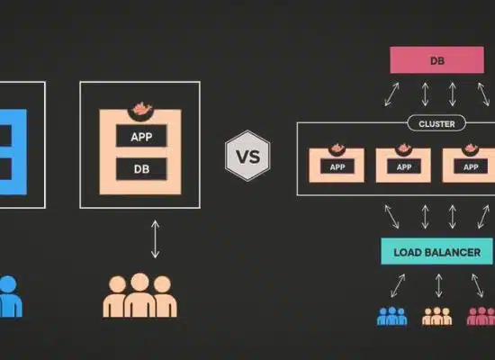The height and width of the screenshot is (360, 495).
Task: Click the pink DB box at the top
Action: pos(436,60)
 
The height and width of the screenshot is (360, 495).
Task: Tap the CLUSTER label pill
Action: pos(436,123)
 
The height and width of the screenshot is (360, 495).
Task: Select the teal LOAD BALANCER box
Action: pos(436,251)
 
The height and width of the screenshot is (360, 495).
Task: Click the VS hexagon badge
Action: pos(247,156)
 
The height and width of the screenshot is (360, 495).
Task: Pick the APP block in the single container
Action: pos(141,136)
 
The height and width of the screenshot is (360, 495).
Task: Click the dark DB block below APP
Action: pos(141,169)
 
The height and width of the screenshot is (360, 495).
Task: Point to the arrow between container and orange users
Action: pos(155,239)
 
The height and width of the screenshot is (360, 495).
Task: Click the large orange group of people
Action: pos(139,295)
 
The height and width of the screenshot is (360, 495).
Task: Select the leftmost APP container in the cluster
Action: pos(337,165)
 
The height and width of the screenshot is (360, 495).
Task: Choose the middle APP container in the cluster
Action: pos(403,165)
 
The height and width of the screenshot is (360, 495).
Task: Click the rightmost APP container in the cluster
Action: pos(470,165)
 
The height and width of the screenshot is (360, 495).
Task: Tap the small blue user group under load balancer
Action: pos(392,316)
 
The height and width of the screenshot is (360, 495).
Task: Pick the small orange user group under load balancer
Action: pos(436,316)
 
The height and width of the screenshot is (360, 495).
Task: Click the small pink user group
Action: pos(481,316)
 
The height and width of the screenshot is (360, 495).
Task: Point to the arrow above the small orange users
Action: pos(438,285)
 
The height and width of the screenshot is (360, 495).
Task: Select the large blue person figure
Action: pos(10,296)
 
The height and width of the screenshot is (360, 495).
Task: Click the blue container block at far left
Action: pos(13,152)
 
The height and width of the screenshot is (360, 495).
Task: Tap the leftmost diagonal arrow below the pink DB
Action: pos(391,94)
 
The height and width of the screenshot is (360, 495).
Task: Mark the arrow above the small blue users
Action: pos(398,285)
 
